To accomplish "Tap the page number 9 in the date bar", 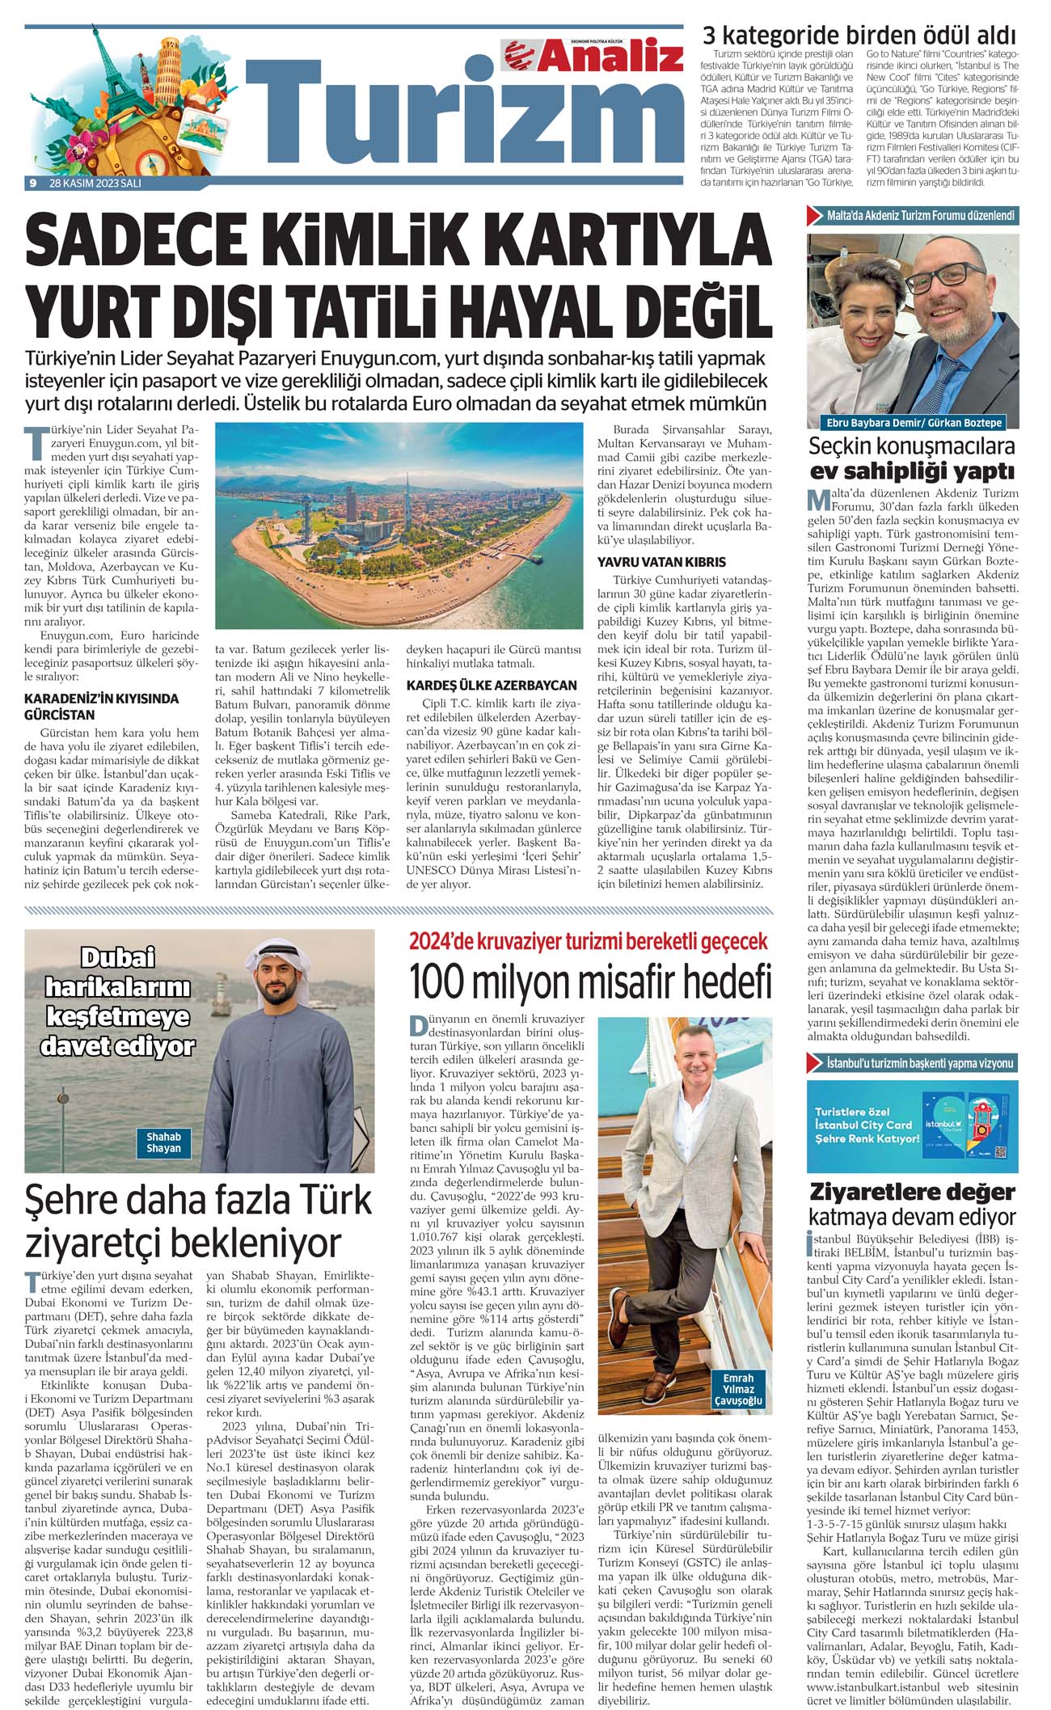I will (32, 183).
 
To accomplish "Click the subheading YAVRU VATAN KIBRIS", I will (661, 562).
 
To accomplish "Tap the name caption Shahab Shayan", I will (164, 1142).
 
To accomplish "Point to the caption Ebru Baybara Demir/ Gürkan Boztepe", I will (912, 423).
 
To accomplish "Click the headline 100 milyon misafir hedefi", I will (591, 983).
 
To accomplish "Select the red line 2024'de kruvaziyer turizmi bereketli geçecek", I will (589, 940).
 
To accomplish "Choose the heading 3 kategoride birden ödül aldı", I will (859, 36).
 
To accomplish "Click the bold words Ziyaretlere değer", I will (913, 1192).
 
